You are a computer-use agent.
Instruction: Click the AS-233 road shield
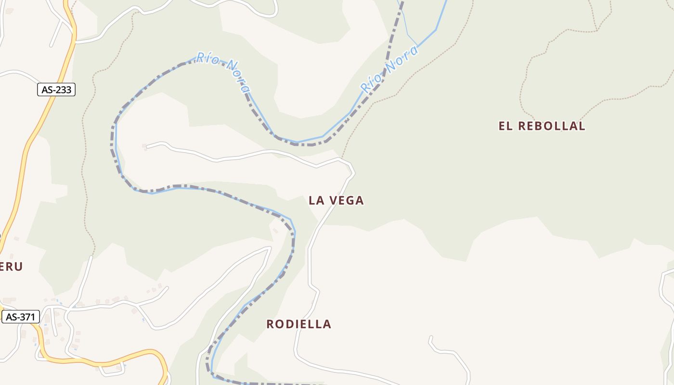pos(56,90)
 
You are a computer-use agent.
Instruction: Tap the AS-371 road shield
pos(20,317)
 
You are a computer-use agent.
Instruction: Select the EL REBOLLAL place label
pos(542,126)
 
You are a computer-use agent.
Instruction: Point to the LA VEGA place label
pos(336,201)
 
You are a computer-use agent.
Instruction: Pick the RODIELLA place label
pos(299,324)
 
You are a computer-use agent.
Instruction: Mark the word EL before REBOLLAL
pos(504,126)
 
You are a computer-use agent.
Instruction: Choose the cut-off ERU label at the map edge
pos(11,267)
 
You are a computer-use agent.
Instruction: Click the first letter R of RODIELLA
pos(270,324)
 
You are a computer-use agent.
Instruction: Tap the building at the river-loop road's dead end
pos(144,146)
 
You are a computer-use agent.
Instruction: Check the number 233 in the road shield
pos(63,90)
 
